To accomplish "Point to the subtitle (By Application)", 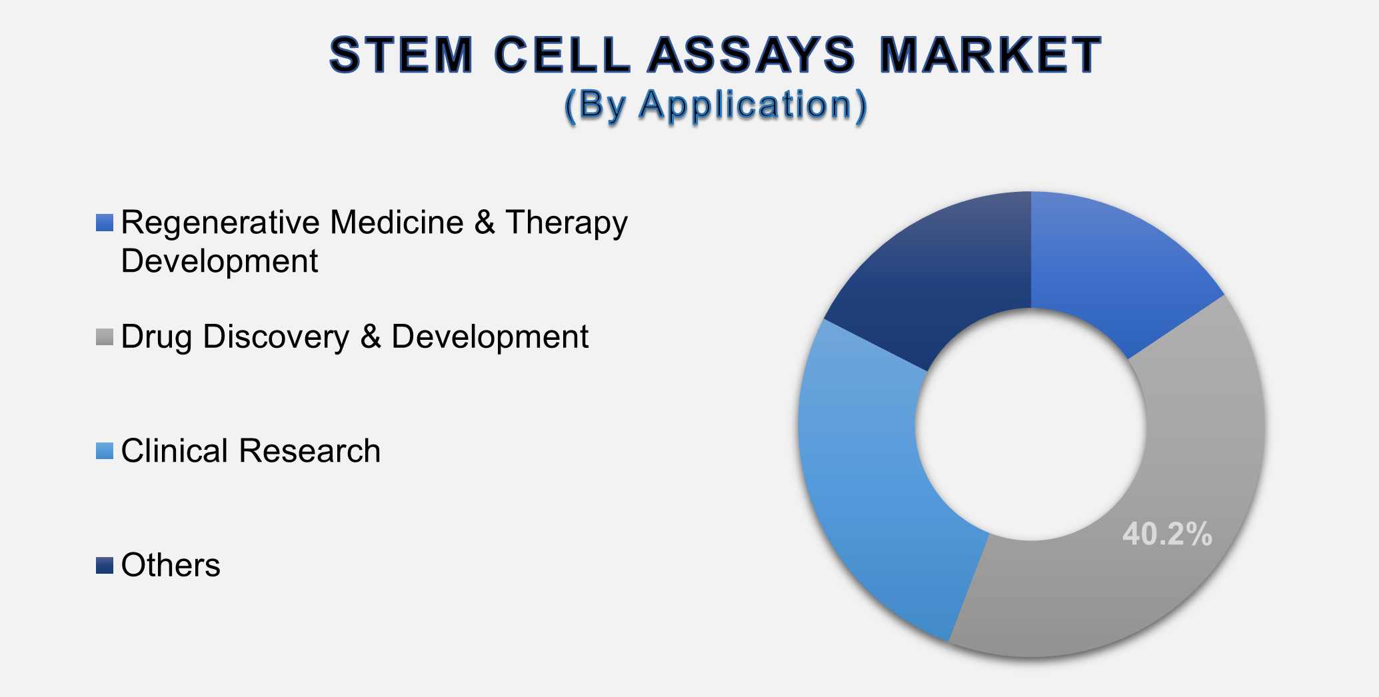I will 716,105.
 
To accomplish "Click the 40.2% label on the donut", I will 1167,534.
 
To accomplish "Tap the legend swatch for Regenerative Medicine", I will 105,223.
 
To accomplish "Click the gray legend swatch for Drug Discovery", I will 105,337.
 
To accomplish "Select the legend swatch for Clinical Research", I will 105,451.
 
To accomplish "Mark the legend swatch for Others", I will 105,565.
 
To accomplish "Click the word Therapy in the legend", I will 567,223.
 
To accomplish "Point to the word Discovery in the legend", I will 276,337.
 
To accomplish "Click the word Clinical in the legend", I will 175,451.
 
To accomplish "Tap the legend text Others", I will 171,565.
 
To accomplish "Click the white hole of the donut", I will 1031,424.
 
